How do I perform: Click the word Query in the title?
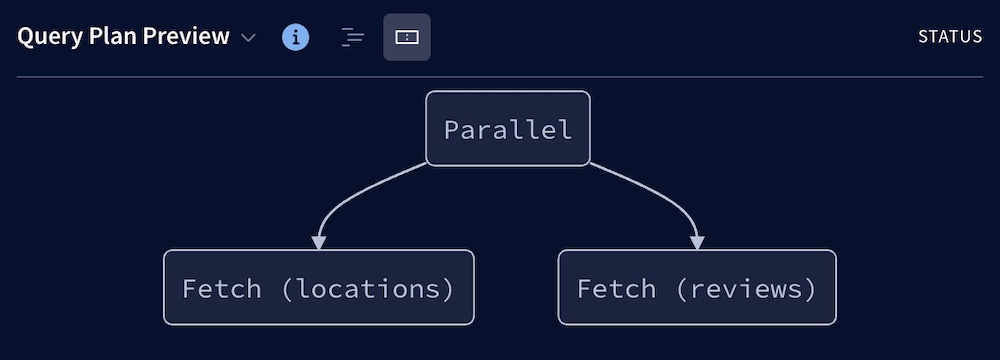tap(47, 37)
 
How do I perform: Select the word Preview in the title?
tap(186, 37)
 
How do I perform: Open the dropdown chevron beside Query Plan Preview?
tap(249, 38)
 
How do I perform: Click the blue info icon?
tap(295, 37)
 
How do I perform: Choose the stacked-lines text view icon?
tap(352, 37)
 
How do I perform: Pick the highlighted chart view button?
tap(407, 37)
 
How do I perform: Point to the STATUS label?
tap(950, 37)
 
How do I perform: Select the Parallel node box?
tap(508, 129)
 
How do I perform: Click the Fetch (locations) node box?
tap(318, 288)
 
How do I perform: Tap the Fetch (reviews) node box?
tap(697, 288)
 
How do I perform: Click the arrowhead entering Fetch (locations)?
tap(319, 242)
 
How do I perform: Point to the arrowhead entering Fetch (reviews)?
tap(697, 242)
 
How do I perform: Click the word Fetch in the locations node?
tap(222, 289)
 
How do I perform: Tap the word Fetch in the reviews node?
tap(616, 289)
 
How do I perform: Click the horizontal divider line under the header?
tap(500, 77)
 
